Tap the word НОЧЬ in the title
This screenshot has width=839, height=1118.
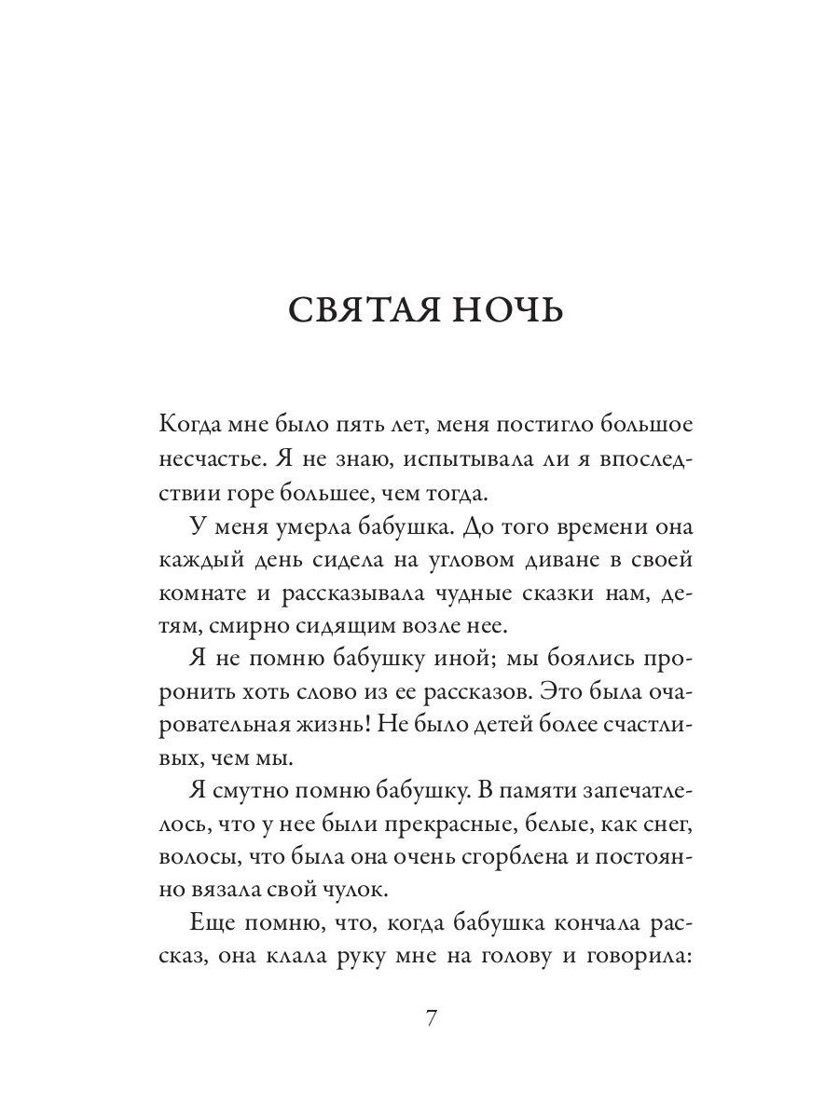[511, 310]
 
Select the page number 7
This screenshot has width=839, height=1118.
[431, 1018]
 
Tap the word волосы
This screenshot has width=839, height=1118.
[194, 867]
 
